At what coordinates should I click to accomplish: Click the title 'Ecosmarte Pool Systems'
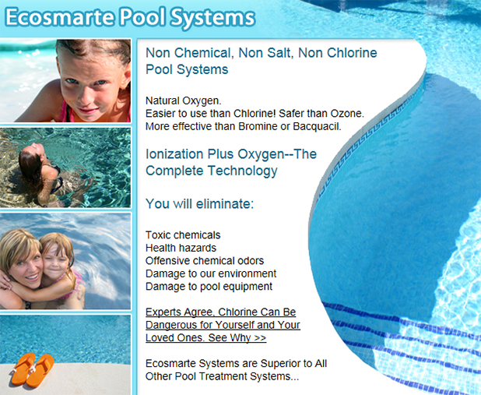click(x=130, y=17)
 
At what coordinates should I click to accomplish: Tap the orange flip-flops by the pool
click(x=32, y=370)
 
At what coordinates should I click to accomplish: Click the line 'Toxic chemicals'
click(x=183, y=235)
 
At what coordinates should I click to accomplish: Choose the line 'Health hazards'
click(x=181, y=248)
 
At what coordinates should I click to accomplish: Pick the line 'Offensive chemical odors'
click(x=205, y=261)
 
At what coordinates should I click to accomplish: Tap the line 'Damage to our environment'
click(x=211, y=273)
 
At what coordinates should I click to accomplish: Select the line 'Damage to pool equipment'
click(x=209, y=287)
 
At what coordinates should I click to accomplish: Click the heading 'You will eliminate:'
click(x=200, y=204)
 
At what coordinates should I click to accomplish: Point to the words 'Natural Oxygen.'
click(x=184, y=101)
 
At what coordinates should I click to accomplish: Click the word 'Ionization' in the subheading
click(x=174, y=154)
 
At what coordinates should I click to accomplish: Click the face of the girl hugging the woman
click(x=55, y=261)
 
